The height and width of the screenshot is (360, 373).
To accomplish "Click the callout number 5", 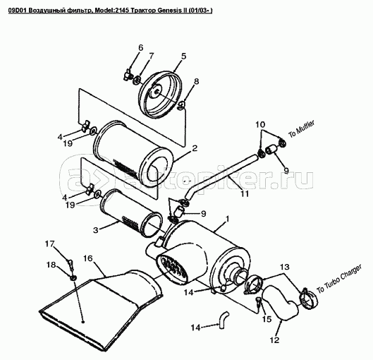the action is [x=183, y=56].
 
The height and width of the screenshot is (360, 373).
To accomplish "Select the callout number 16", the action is [x=88, y=258].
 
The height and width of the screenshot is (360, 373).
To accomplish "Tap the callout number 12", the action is [x=274, y=340].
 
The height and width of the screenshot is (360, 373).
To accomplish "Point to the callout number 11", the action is [x=245, y=193].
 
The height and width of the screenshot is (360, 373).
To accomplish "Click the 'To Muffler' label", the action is [x=301, y=128].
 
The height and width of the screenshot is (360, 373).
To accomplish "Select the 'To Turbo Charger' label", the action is [x=339, y=279].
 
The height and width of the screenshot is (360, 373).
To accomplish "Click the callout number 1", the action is [x=227, y=219].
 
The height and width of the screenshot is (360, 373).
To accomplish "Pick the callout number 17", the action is [x=50, y=244].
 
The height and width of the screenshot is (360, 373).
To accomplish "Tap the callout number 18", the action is [x=51, y=265].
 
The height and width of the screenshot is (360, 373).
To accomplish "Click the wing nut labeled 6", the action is [x=128, y=76].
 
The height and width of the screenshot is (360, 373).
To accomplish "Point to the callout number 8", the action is [x=196, y=81].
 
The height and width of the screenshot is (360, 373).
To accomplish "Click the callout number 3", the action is [x=95, y=230].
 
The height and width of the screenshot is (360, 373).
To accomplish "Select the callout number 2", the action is [x=195, y=148].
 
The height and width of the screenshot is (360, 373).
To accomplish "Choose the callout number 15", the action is [x=267, y=319].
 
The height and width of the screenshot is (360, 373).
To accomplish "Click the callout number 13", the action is [x=284, y=267].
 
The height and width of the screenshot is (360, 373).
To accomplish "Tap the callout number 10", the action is [x=260, y=124].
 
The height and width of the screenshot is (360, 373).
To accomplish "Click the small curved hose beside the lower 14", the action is [x=224, y=320].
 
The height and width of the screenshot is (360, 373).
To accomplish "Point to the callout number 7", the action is [x=152, y=56].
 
